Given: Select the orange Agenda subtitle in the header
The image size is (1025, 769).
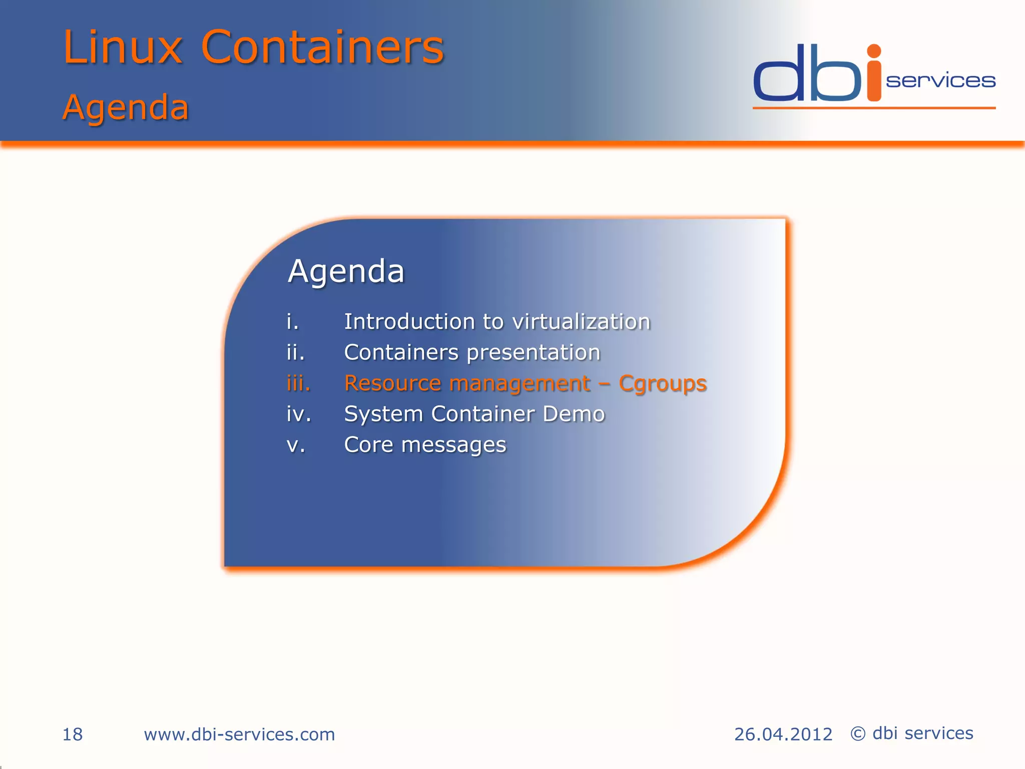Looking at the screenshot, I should point(126,107).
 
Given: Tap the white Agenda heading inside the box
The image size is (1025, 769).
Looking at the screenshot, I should point(346,271).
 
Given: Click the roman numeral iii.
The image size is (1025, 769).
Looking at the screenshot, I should point(298,383).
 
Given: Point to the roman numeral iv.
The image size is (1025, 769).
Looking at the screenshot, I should point(299,414).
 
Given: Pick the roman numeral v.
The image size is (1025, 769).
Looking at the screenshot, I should point(296,445).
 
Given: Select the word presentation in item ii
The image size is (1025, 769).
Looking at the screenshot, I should point(533,352).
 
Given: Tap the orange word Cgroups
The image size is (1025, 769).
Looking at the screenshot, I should point(663,384).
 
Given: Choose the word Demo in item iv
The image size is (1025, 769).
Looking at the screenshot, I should point(574,414).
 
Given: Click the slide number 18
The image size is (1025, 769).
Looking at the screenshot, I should point(73,734).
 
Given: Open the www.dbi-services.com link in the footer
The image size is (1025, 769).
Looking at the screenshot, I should point(239,734).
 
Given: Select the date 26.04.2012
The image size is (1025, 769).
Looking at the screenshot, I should point(783,734).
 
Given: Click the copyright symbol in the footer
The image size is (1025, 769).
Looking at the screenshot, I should point(858,734).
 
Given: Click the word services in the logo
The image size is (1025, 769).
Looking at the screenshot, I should point(940,81).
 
